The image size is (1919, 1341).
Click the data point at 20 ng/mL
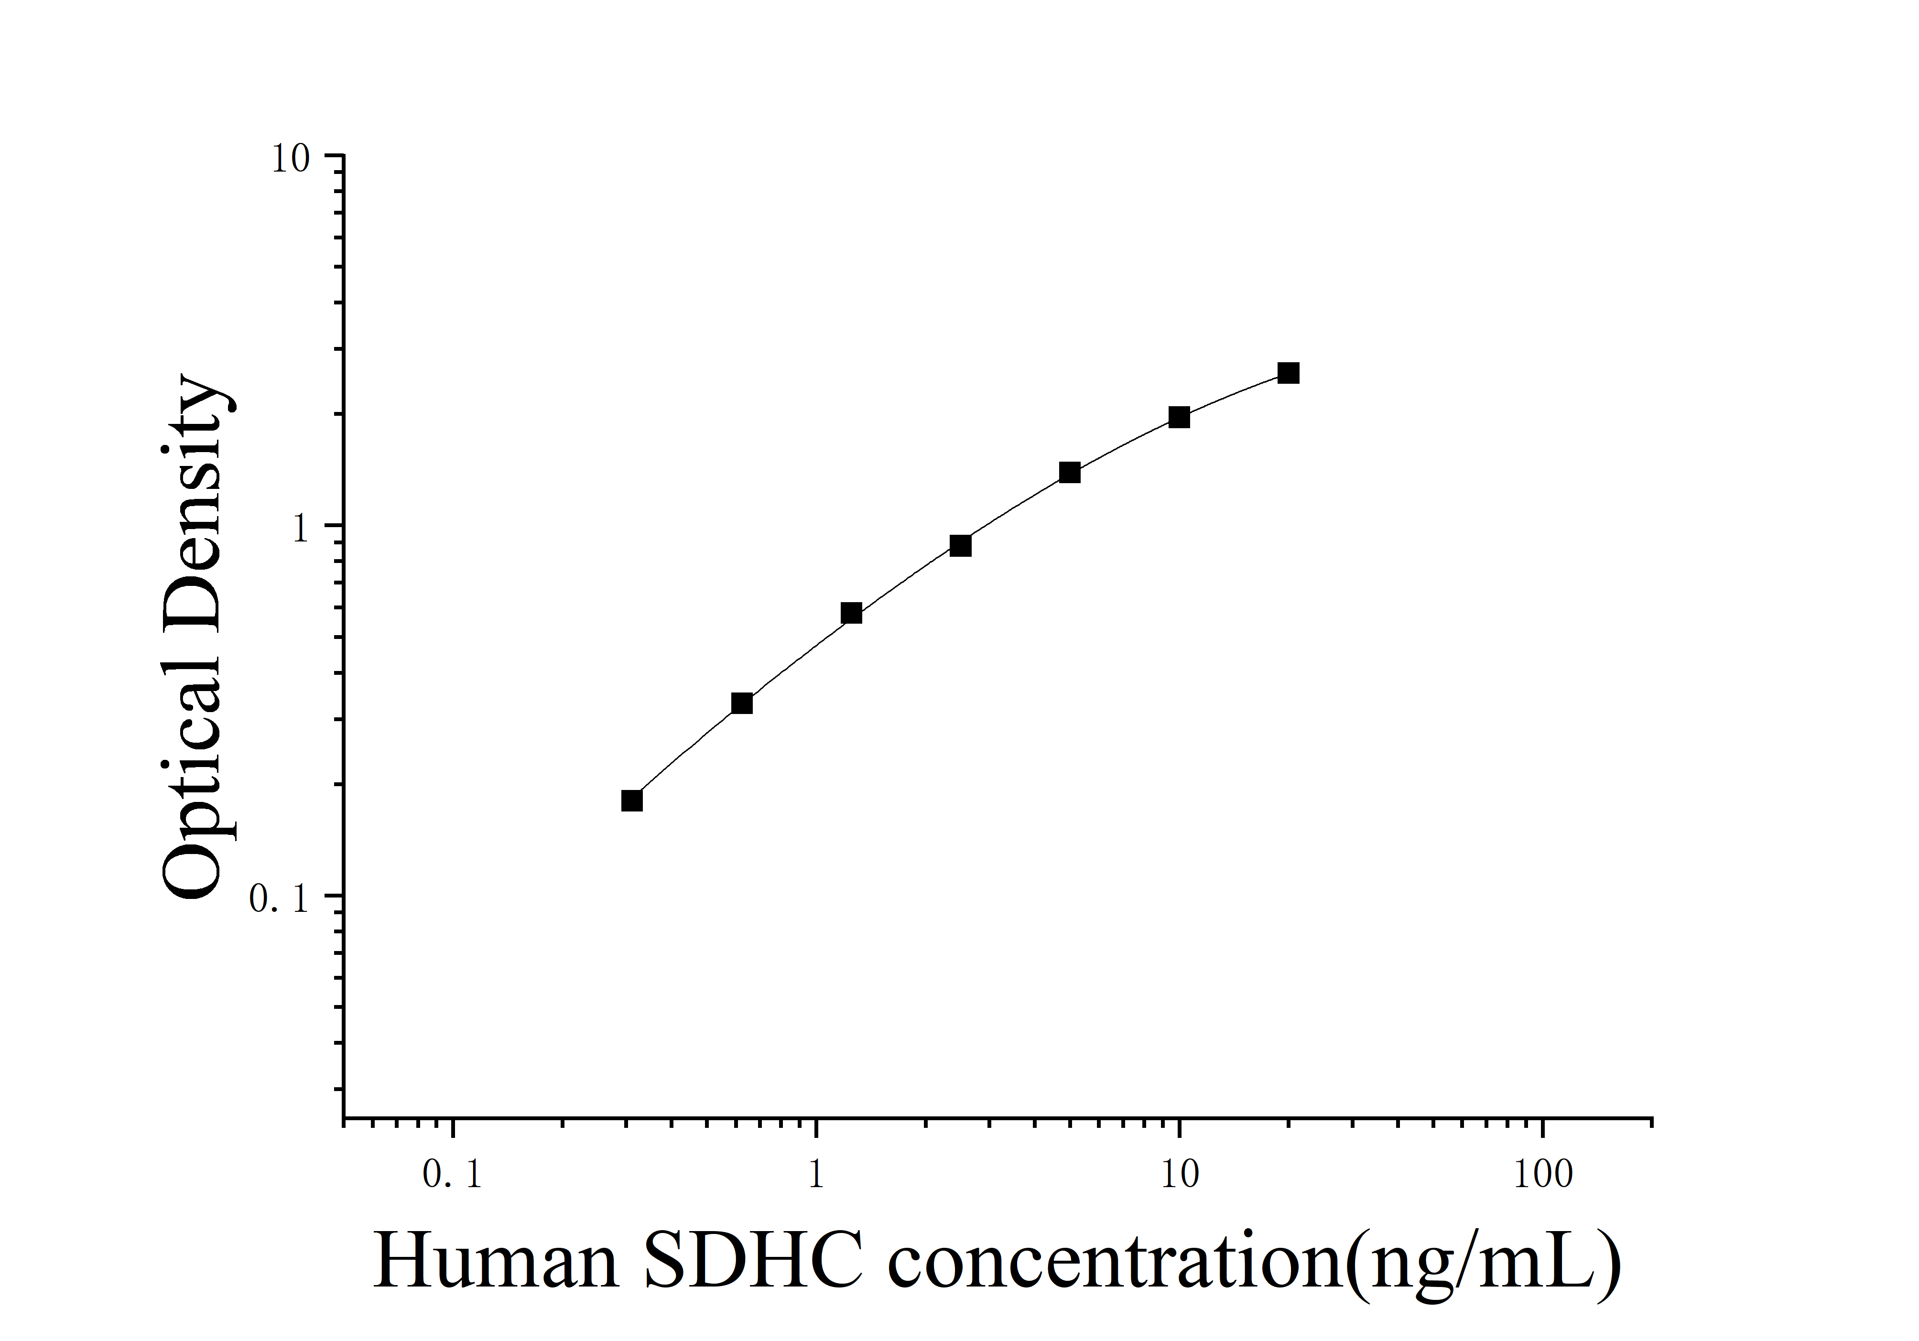1288,373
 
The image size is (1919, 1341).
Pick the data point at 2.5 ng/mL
960,546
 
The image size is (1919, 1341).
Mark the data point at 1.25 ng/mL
851,613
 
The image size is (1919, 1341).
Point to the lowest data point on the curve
632,800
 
